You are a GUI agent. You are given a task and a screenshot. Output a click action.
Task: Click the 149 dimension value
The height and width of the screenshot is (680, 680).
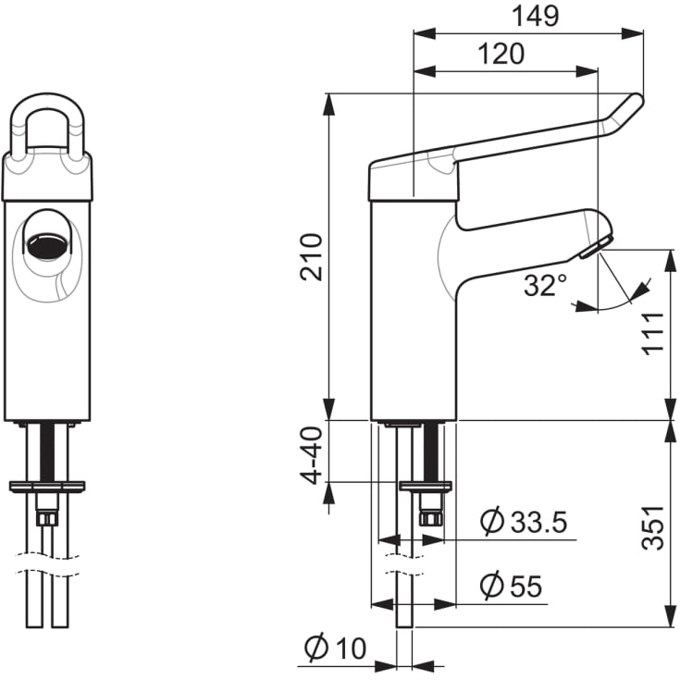(535, 17)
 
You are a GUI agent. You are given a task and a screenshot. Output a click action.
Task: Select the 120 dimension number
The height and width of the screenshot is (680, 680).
(501, 54)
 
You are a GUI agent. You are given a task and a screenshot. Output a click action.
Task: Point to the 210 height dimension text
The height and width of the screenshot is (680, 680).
(312, 257)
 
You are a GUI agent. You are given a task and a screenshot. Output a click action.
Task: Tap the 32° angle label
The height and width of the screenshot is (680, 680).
(546, 285)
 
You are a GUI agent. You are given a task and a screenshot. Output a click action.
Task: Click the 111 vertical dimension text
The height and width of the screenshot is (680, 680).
(652, 333)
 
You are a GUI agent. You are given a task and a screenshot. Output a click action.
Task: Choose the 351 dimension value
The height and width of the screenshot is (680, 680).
(652, 527)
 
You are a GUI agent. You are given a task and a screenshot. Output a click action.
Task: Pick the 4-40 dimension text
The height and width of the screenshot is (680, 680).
(312, 455)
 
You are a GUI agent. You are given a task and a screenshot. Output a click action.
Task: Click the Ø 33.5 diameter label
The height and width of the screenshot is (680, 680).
(524, 521)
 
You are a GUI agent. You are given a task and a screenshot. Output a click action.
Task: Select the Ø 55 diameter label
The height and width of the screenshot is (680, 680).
(511, 586)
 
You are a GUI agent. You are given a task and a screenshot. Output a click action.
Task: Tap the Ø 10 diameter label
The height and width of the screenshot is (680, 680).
(335, 648)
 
